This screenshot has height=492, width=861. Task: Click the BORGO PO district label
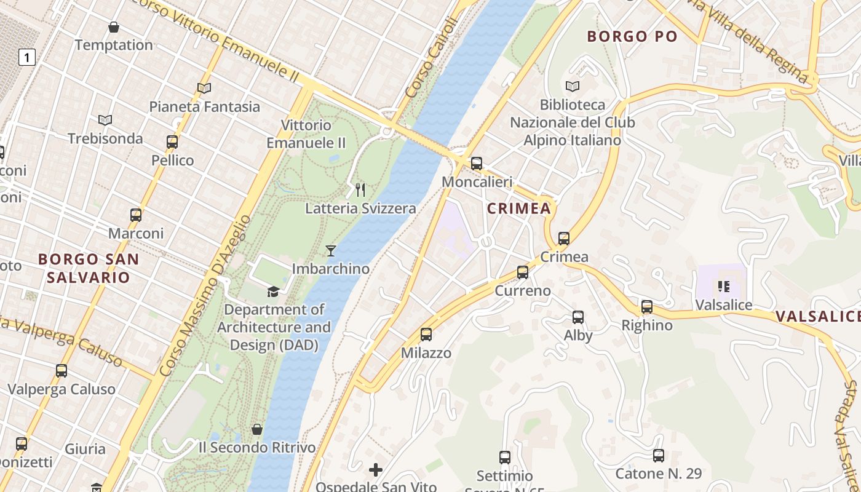click(x=632, y=36)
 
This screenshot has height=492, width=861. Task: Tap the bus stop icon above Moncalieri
click(x=477, y=164)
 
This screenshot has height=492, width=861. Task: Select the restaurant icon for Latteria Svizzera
click(x=360, y=190)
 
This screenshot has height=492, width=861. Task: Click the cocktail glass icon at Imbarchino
click(x=331, y=250)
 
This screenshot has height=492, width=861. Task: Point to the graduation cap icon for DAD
click(x=273, y=291)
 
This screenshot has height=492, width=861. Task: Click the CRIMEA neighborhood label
click(x=519, y=208)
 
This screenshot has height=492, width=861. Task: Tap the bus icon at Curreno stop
click(x=523, y=272)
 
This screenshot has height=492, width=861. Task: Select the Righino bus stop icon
click(x=646, y=307)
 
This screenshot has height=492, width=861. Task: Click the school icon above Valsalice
click(x=723, y=287)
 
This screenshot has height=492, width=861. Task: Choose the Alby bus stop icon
click(x=578, y=317)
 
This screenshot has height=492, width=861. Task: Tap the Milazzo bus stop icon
click(x=426, y=335)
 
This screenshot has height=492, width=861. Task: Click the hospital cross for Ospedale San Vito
click(x=376, y=470)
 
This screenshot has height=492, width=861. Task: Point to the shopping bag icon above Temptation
click(x=114, y=27)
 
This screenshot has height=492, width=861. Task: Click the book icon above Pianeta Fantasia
click(x=204, y=89)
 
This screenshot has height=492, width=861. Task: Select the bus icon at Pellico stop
click(x=172, y=142)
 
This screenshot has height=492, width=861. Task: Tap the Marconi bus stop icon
click(x=136, y=215)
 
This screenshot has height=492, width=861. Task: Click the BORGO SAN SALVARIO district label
click(x=89, y=268)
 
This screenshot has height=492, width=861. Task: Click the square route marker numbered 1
click(x=26, y=58)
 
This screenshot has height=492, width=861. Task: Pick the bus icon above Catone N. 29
click(x=659, y=456)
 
